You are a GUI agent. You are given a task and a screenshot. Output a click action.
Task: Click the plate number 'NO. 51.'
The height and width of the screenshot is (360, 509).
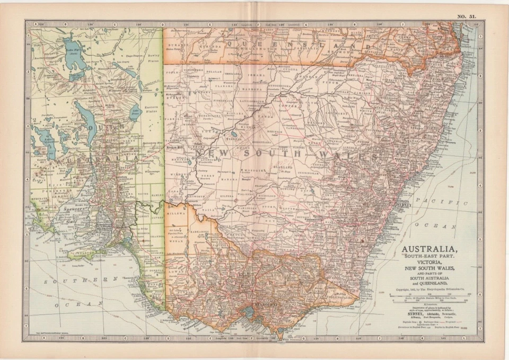(468, 16)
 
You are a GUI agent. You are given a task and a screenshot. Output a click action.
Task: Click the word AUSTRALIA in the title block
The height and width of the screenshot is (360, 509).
(429, 249)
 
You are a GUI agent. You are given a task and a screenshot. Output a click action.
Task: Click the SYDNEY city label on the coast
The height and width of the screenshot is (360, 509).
(403, 204)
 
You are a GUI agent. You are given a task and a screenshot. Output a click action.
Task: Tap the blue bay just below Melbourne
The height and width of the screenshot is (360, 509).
(249, 312)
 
